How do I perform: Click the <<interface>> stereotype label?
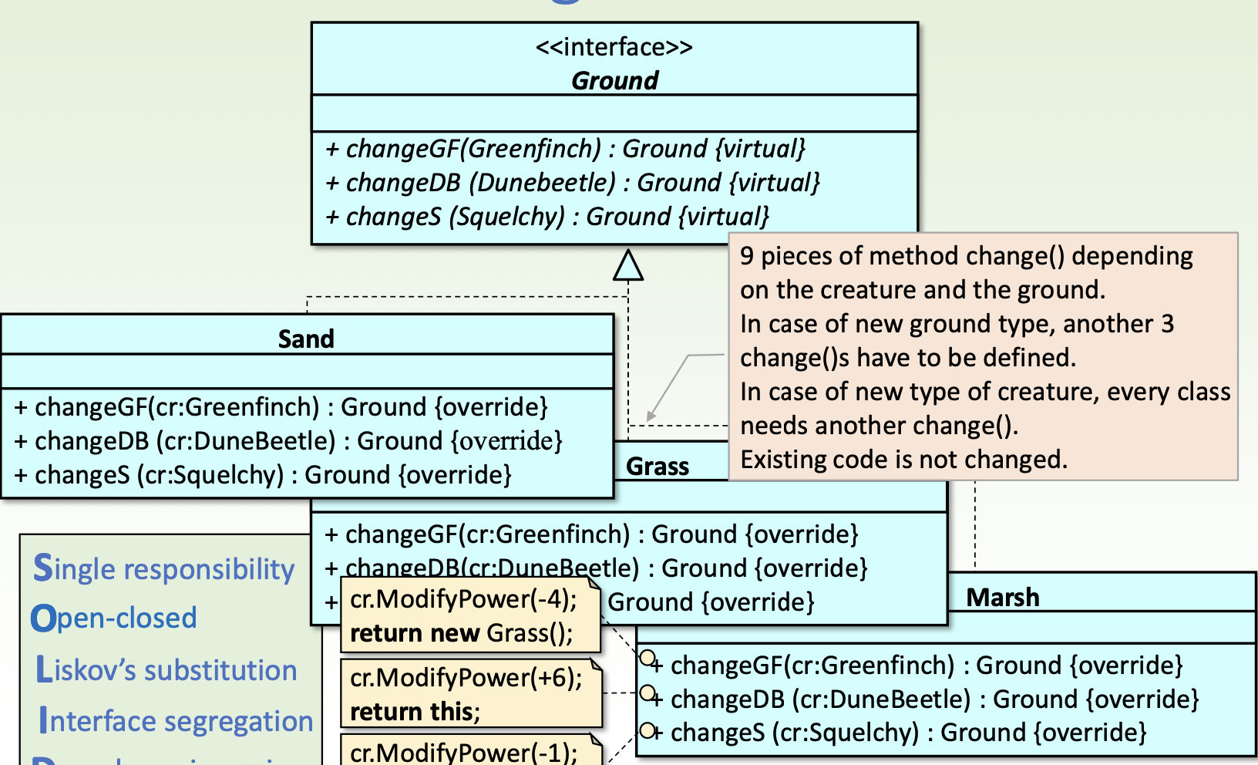(x=614, y=48)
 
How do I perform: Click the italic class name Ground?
(x=614, y=80)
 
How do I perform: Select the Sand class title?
(x=306, y=339)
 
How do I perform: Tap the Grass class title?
(x=658, y=467)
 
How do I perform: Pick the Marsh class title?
(x=1003, y=598)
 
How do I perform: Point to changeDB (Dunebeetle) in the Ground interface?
(x=572, y=183)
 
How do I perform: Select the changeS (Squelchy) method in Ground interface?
(x=547, y=217)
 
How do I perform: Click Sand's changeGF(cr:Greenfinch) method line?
(x=281, y=407)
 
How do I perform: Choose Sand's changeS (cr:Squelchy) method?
(x=263, y=475)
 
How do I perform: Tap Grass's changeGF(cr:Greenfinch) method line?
(x=591, y=534)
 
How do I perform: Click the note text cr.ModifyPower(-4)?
(x=463, y=599)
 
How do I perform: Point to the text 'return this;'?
(x=415, y=711)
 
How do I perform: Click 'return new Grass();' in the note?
(x=461, y=633)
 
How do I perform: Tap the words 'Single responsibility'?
(x=164, y=569)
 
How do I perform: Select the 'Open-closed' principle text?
(x=114, y=618)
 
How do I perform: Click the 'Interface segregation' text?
(x=177, y=721)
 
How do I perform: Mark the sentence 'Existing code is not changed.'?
(x=903, y=460)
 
